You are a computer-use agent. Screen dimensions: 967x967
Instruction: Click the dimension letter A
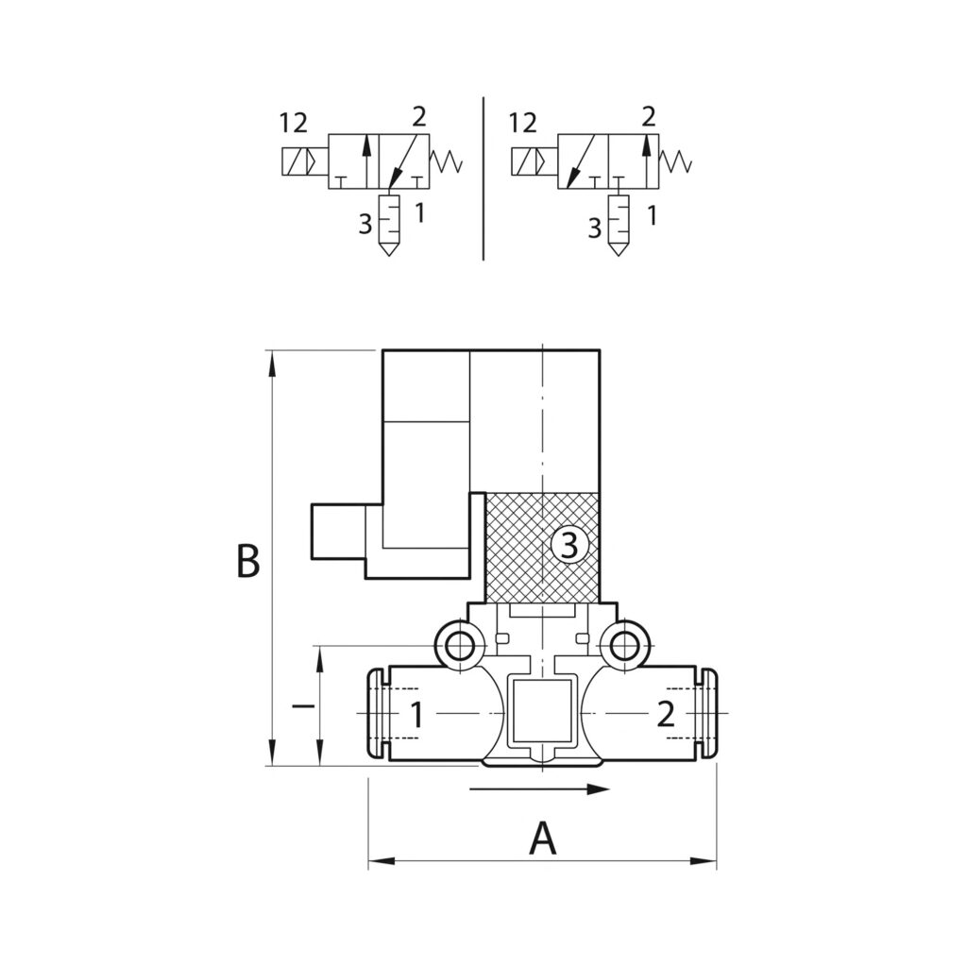click(542, 838)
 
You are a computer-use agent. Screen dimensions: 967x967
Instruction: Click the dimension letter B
click(247, 561)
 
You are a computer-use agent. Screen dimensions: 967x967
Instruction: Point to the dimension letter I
click(301, 705)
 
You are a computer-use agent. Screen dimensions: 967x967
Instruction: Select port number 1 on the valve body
click(416, 715)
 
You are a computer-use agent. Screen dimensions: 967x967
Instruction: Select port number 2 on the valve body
click(666, 715)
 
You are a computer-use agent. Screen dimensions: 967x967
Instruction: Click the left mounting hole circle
click(460, 647)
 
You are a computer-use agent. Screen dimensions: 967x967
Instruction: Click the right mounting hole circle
click(622, 647)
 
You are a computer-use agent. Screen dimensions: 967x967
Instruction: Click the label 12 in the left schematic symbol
click(294, 123)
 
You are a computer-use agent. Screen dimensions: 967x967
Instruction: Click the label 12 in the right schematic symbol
click(523, 123)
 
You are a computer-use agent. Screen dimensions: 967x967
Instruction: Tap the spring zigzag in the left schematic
click(447, 161)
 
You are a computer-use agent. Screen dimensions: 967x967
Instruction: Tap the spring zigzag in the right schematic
click(676, 161)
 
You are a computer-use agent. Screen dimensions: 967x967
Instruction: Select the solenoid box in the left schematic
click(299, 162)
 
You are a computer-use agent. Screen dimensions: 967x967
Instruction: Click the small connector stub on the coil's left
click(337, 532)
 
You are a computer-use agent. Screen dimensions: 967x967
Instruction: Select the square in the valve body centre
click(542, 710)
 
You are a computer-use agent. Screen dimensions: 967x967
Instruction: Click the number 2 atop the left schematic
click(418, 117)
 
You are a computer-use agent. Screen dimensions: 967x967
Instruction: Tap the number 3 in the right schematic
click(594, 228)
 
